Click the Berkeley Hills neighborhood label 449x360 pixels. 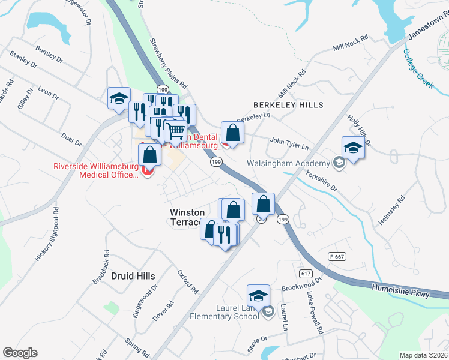(288, 105)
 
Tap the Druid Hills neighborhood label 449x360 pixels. (133, 276)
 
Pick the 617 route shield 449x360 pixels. (307, 274)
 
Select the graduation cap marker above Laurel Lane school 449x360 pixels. (258, 295)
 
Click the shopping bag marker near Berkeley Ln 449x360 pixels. (232, 133)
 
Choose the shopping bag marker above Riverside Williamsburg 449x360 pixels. (149, 155)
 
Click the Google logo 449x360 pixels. (20, 353)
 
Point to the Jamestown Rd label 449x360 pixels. (427, 28)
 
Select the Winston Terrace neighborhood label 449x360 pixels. (187, 217)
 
